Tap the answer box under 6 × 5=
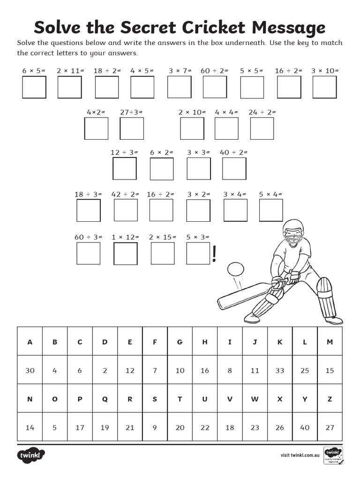click(x=34, y=87)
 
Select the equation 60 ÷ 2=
click(x=214, y=71)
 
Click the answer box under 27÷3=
click(x=132, y=128)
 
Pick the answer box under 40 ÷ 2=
click(x=234, y=169)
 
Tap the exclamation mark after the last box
click(x=215, y=254)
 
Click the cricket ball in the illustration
click(x=235, y=270)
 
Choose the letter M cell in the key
click(x=330, y=342)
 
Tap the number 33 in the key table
click(x=280, y=370)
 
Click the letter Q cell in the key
click(x=105, y=399)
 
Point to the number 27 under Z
click(x=330, y=427)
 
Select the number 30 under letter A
click(x=30, y=370)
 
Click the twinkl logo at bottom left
click(x=32, y=455)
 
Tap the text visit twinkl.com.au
click(x=300, y=455)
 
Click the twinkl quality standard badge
click(x=333, y=455)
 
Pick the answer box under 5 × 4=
click(x=271, y=210)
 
